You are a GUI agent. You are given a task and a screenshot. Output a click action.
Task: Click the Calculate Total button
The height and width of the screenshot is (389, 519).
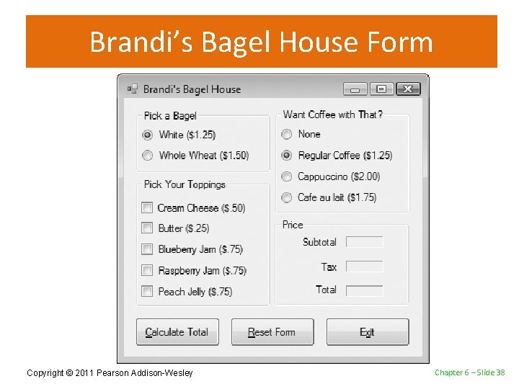177,332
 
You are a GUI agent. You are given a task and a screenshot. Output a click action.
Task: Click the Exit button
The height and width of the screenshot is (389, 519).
367,332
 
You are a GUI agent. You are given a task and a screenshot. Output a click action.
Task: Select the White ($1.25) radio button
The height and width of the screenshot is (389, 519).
148,135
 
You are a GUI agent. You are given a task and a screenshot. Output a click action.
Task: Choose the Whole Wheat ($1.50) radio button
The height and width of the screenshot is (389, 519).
148,156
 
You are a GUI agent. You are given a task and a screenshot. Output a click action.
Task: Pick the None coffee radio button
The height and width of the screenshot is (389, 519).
287,134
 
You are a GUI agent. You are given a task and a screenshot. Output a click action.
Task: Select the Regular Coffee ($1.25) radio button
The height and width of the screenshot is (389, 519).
287,156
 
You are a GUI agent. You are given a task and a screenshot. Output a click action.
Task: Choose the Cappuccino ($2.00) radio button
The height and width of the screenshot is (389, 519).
287,176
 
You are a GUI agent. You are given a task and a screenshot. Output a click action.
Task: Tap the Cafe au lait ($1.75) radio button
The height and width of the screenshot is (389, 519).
287,197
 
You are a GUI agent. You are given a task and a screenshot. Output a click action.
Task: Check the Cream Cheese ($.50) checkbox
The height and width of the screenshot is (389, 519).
147,208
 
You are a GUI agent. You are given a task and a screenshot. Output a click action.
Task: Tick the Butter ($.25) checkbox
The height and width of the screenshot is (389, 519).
147,228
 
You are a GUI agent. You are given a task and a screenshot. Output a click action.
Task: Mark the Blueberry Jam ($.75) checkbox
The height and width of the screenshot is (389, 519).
147,249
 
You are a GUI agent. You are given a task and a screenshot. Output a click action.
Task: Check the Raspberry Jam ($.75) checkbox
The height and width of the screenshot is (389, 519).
147,271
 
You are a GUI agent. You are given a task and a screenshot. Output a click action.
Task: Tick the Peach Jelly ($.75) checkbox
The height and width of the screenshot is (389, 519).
147,292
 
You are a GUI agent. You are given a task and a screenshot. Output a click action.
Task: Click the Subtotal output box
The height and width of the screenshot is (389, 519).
364,242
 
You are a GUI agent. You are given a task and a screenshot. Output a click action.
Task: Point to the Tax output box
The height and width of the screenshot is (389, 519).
364,267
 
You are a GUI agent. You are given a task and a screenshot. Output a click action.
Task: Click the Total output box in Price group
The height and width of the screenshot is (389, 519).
364,290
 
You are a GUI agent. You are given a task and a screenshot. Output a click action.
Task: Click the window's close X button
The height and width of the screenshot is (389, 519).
407,89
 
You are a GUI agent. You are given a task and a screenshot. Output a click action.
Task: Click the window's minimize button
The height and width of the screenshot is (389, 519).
355,89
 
